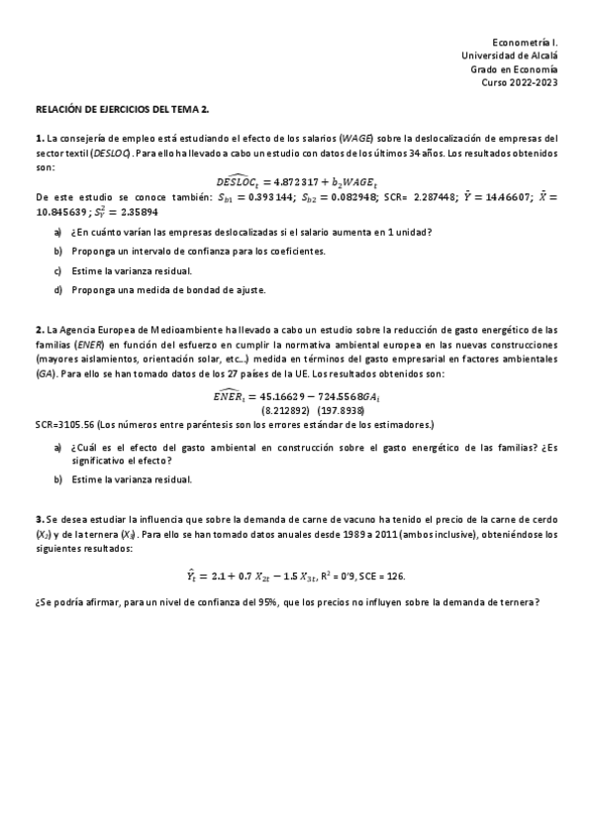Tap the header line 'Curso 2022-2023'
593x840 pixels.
pos(522,83)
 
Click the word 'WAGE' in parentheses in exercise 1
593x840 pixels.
pos(355,139)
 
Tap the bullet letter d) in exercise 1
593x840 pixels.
pos(59,290)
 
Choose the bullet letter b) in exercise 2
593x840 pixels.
pos(59,479)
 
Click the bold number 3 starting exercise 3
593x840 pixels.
pos(38,519)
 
